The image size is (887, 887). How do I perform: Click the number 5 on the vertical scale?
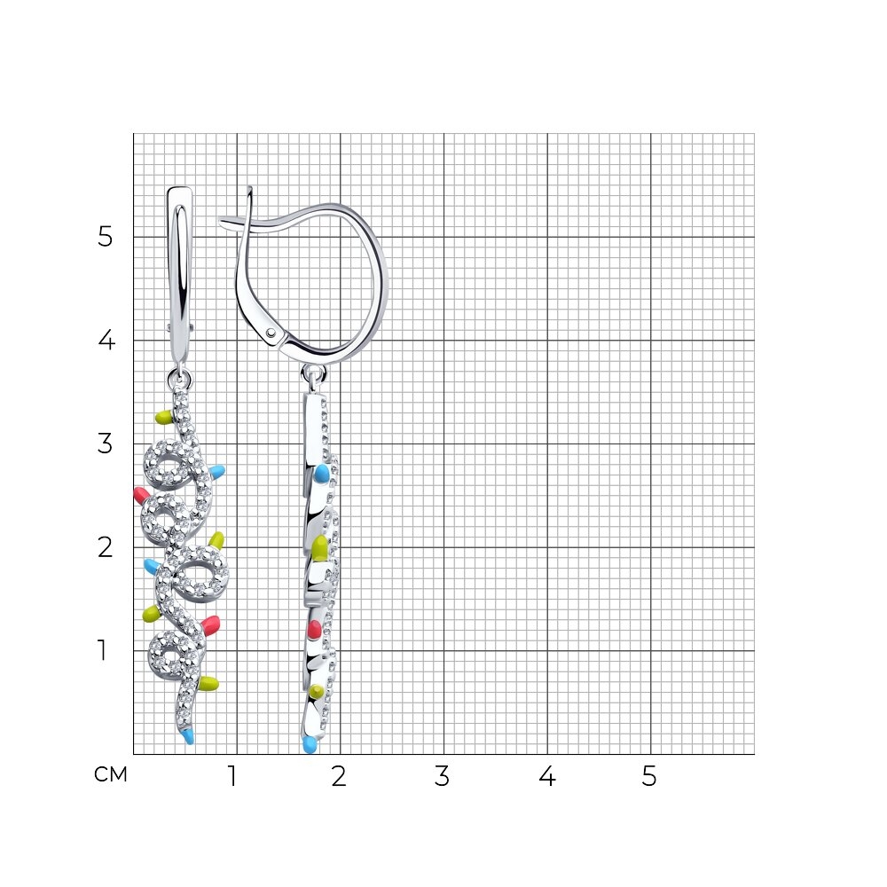coord(106,237)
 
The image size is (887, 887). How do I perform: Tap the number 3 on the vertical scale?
coord(106,443)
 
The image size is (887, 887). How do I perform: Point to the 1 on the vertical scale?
coord(102,650)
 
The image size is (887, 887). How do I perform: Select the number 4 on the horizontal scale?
coord(547,777)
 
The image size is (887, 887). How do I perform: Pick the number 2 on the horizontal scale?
coord(339,777)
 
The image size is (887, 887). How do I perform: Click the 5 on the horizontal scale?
coord(649,777)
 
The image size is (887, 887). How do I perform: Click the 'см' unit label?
coord(111,775)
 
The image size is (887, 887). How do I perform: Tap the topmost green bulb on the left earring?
coord(164,418)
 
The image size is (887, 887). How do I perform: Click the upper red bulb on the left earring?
coord(141,495)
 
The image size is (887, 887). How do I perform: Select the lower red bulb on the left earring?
coord(210,625)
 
